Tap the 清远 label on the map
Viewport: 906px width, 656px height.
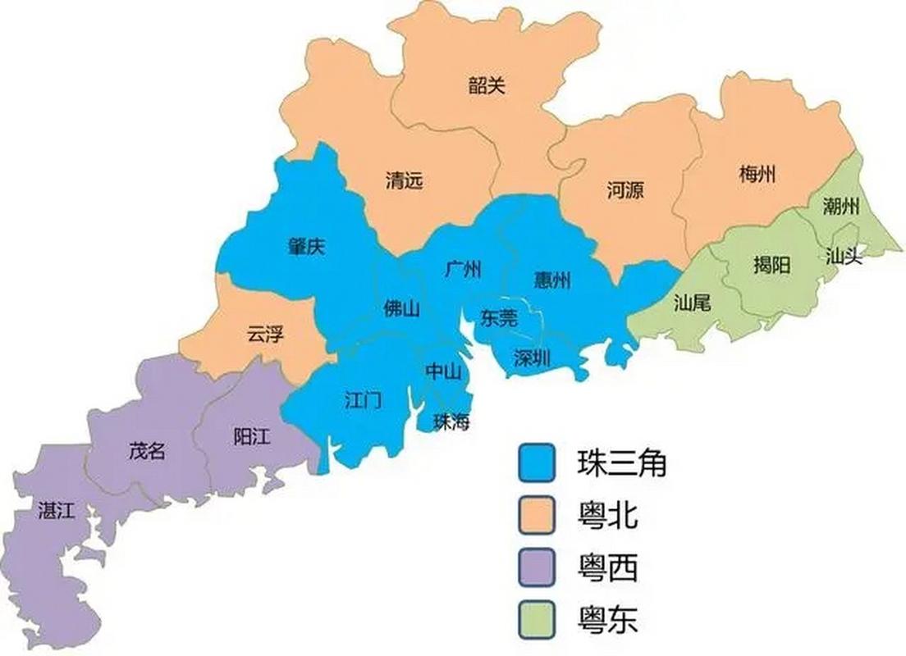405,180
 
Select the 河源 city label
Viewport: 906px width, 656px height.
625,191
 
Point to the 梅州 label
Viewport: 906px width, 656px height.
757,174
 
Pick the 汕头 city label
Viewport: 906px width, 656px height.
844,257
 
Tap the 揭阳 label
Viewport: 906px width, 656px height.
771,264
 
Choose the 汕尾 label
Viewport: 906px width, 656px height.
692,303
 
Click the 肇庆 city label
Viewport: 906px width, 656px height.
305,247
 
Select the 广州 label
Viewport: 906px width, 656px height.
463,269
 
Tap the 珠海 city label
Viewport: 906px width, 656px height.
452,422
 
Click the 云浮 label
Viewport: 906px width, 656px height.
264,334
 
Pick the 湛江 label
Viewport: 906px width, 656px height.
57,511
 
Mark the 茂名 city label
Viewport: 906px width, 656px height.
148,450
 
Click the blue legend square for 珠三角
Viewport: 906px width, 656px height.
538,463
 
